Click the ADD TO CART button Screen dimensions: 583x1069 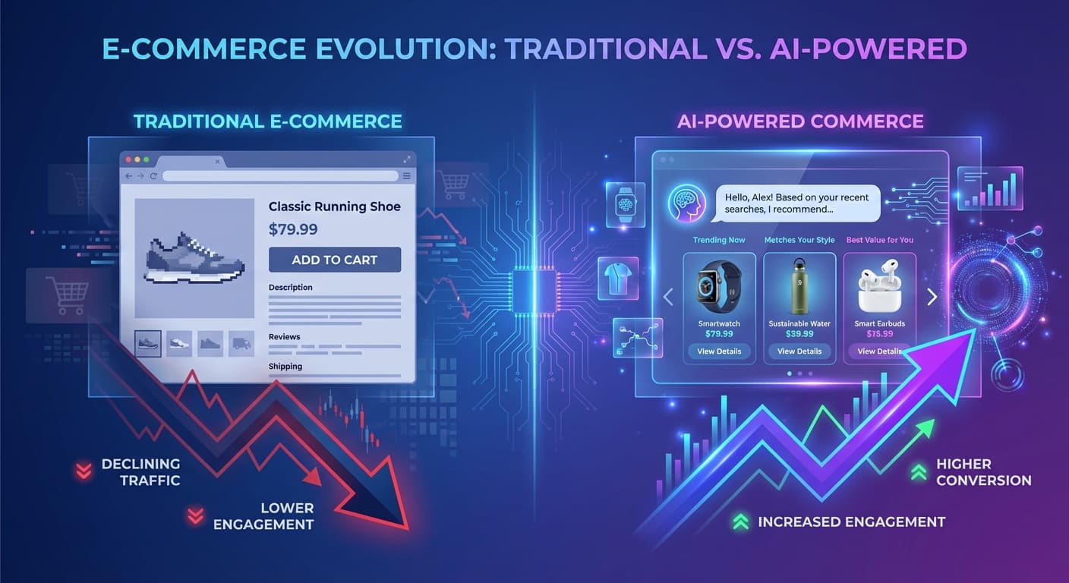334,260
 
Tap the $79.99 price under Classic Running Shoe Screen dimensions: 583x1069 293,229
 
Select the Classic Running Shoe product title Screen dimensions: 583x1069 334,206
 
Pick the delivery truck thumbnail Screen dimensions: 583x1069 241,343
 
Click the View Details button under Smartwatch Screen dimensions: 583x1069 719,351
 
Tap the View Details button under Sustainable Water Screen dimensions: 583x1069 799,351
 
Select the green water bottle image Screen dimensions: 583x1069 799,287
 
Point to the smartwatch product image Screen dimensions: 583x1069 718,287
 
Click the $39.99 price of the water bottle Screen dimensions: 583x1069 799,334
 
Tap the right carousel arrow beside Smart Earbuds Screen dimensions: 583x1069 932,297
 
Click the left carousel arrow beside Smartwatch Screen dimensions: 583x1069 669,297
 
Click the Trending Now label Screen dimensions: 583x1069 719,240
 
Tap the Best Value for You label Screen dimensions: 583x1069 879,240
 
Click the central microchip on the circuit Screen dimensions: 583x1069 534,291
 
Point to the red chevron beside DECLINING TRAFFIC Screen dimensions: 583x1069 83,471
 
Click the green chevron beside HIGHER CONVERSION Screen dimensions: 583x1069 918,472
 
